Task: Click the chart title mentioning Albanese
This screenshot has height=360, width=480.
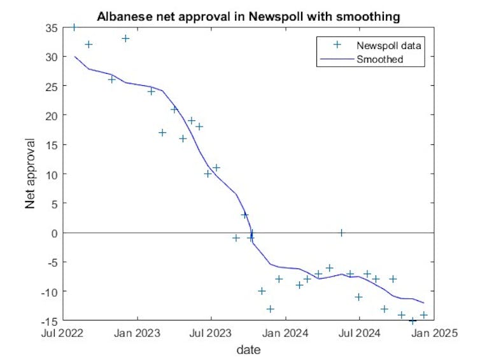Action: point(248,17)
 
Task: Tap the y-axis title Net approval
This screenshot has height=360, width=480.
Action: point(31,174)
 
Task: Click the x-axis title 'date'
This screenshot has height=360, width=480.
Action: point(248,349)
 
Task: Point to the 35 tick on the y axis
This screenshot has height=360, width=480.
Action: point(51,27)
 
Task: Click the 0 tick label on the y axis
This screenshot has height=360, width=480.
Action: point(54,233)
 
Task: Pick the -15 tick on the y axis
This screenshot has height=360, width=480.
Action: point(49,321)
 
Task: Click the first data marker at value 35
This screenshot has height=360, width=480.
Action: point(74,27)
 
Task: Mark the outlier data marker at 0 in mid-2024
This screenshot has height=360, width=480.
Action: point(341,233)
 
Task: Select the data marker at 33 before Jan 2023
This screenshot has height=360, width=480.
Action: point(125,38)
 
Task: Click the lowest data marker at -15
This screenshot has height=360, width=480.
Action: point(413,321)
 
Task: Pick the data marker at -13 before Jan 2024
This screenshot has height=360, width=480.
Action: point(271,309)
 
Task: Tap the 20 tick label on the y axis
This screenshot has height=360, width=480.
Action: point(51,115)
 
